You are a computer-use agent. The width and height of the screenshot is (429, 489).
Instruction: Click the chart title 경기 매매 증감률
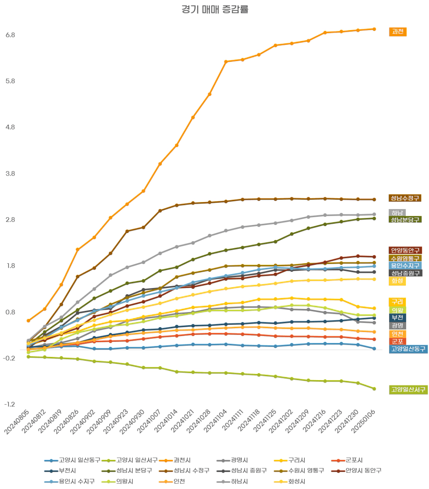coord(215,9)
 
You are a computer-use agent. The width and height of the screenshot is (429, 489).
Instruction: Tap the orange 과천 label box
coord(397,32)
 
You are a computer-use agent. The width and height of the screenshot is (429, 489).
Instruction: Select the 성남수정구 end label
coord(405,198)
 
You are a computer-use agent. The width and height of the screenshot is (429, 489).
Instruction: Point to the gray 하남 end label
coord(397,213)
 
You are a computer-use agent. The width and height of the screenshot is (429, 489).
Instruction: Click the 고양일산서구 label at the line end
coord(408,390)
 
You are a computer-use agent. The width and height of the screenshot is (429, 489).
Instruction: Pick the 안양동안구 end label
coord(405,250)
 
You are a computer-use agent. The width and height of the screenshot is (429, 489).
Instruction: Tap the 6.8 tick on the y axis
coord(11,35)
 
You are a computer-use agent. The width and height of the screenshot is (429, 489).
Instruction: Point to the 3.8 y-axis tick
coord(11,174)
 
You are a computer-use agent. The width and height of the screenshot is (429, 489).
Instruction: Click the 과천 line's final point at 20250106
coord(374,29)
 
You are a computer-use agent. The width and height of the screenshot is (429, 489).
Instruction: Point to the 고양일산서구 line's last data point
coord(374,389)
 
